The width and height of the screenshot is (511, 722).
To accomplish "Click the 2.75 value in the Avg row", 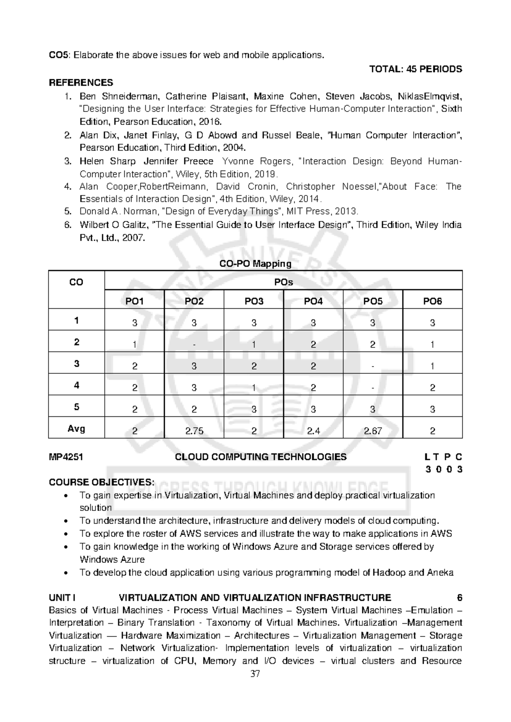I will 194,431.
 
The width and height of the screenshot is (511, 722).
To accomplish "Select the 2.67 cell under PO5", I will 373,431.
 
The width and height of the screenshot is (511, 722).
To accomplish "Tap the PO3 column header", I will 254,301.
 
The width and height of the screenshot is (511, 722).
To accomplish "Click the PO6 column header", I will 432,301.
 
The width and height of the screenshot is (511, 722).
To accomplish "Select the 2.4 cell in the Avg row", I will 313,431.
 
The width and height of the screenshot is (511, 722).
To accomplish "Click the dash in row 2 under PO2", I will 194,345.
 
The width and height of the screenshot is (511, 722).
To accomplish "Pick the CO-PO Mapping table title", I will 255,264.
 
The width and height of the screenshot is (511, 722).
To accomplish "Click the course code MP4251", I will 66,457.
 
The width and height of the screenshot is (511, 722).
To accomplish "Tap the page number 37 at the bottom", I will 255,674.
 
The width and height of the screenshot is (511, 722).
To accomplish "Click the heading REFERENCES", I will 81,82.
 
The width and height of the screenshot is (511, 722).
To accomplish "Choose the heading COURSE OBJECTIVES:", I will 101,482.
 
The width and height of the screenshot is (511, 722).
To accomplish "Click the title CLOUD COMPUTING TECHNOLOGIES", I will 261,457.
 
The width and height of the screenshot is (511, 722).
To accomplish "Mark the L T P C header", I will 443,457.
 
